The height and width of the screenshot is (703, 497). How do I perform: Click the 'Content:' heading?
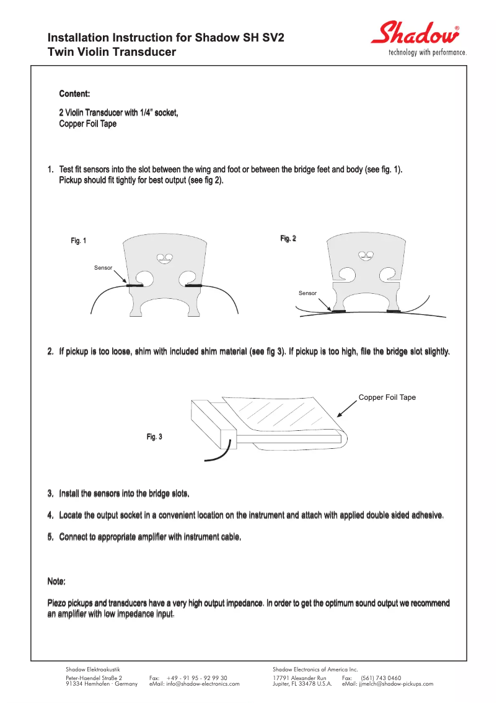74,94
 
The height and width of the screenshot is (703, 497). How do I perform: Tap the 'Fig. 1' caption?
79,241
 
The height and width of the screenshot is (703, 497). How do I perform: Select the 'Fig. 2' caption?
288,238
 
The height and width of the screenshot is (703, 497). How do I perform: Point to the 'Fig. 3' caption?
154,437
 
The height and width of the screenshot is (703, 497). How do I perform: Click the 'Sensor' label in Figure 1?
103,267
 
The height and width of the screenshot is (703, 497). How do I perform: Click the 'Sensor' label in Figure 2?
307,293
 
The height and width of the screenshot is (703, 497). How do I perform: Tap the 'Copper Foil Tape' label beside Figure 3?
387,397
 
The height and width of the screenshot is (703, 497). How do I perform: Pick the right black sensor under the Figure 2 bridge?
393,311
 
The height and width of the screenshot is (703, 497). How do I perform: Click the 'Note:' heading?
56,581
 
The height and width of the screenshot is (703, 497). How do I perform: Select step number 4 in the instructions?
51,515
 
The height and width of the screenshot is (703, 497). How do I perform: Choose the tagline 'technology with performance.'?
427,53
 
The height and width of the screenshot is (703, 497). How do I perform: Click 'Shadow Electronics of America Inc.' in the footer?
315,670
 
